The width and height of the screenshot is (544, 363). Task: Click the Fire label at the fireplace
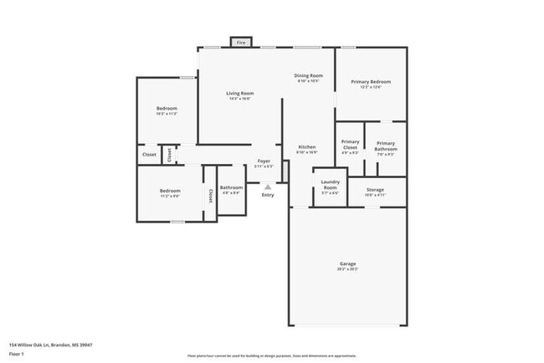pos(241,42)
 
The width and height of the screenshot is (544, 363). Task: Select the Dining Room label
pos(308,76)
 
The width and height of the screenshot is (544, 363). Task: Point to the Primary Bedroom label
pos(371,82)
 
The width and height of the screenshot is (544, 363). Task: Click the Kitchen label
pos(307,147)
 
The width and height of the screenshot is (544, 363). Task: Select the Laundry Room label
pos(330,184)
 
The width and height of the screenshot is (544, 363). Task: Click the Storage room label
pos(375,190)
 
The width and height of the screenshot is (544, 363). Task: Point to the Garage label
pos(347,263)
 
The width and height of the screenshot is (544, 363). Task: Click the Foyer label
pos(264,160)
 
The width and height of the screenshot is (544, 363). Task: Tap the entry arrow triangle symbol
pos(268,187)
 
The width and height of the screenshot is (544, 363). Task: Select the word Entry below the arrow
pos(268,195)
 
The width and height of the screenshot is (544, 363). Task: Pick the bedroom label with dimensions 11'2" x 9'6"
pos(170,192)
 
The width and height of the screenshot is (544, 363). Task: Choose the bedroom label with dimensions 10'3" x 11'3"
pos(167,110)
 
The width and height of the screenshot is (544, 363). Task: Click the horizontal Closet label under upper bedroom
pos(149,155)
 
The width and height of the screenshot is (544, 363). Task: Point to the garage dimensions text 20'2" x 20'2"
pos(347,269)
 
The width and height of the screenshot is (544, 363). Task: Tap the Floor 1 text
pos(16,351)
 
